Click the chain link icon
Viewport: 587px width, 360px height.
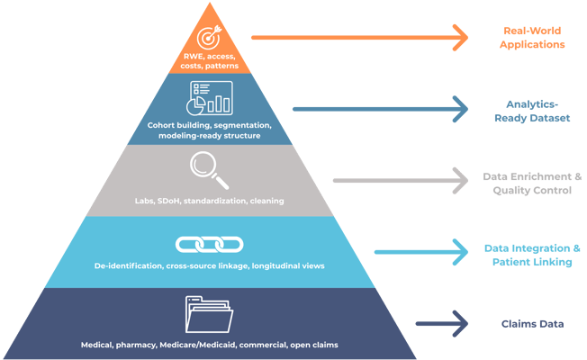(x=208, y=244)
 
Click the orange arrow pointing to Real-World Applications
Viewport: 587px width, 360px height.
(x=359, y=37)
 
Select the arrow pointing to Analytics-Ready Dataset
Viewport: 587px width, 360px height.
(x=379, y=109)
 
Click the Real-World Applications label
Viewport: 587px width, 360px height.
(x=534, y=37)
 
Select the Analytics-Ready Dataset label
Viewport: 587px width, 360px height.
(x=531, y=110)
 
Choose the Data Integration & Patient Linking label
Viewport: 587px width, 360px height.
(x=532, y=253)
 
